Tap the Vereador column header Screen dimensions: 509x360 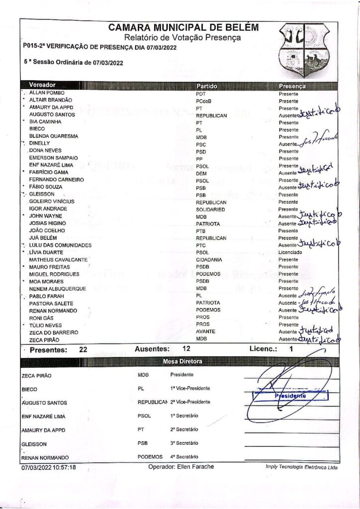pyautogui.click(x=42, y=85)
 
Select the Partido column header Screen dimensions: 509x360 pyautogui.click(x=207, y=86)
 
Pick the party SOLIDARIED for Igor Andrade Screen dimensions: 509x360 pyautogui.click(x=210, y=210)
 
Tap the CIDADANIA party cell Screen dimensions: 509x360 pyautogui.click(x=209, y=260)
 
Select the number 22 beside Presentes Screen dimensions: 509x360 pyautogui.click(x=84, y=350)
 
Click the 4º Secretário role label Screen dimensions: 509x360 pyautogui.click(x=184, y=456)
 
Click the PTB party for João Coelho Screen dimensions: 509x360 pyautogui.click(x=201, y=231)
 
